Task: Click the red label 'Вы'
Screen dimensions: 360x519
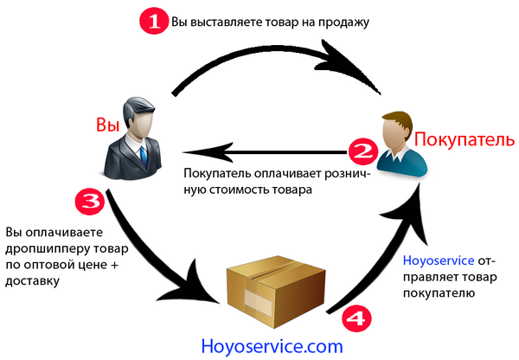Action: (106, 125)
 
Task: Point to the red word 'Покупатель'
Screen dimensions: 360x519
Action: (465, 138)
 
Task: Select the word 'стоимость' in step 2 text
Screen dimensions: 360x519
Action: (255, 188)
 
